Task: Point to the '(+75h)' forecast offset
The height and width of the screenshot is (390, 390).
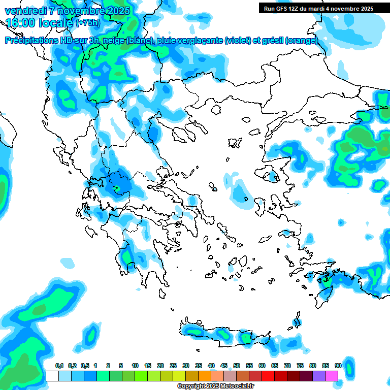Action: [x=87, y=23]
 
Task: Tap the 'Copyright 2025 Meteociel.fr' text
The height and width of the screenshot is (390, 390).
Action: [x=215, y=386]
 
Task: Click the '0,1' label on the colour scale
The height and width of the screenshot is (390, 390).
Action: [x=59, y=366]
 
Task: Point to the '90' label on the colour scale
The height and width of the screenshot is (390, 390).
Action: [x=338, y=366]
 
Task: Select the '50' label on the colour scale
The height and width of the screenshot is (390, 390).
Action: [x=237, y=366]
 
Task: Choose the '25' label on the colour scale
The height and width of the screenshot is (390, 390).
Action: [x=173, y=366]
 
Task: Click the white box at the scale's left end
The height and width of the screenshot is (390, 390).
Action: [x=52, y=376]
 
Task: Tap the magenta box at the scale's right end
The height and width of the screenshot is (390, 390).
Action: [x=332, y=376]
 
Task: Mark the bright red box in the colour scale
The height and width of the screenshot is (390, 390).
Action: [x=268, y=376]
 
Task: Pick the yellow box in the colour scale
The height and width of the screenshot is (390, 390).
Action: [x=179, y=376]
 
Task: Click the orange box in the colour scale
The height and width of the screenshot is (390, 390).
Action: [x=205, y=376]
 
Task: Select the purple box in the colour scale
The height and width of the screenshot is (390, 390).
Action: [x=319, y=376]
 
